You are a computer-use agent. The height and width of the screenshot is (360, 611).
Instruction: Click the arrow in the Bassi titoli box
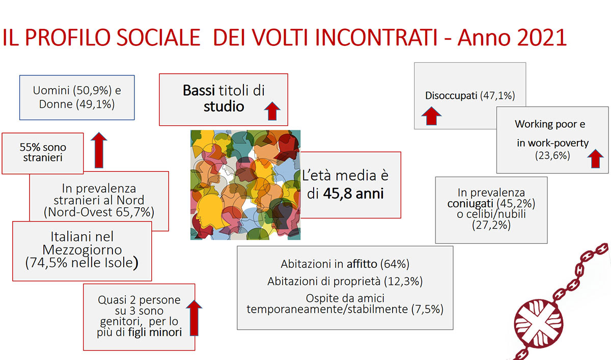point(271,110)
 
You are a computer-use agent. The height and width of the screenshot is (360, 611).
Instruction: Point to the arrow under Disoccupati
point(431,116)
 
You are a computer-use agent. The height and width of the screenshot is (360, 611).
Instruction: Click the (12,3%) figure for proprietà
point(405,281)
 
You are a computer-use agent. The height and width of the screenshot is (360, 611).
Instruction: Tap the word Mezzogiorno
point(81,250)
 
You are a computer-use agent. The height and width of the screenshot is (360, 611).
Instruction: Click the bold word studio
point(224,107)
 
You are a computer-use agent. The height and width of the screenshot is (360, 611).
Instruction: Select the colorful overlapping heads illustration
point(245,185)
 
